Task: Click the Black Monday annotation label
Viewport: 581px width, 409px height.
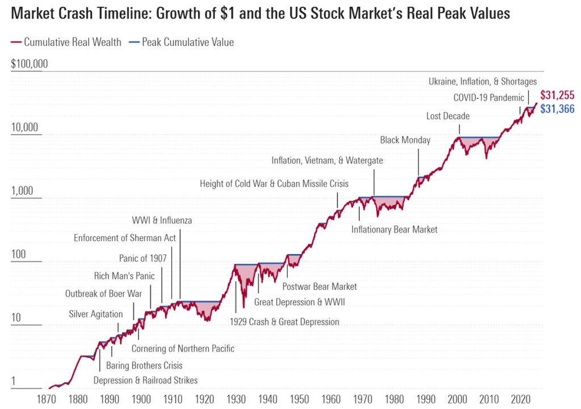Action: tap(405, 140)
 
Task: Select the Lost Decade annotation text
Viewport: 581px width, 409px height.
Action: tap(448, 116)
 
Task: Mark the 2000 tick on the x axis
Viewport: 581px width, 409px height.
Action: tap(457, 399)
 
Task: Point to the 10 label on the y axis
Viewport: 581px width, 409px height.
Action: tap(16, 318)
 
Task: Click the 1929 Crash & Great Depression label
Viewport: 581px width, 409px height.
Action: tap(284, 322)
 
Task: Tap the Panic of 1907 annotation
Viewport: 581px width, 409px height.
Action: tap(142, 258)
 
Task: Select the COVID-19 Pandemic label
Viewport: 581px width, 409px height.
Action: tap(489, 98)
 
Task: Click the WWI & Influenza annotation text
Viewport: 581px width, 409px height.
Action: tap(162, 220)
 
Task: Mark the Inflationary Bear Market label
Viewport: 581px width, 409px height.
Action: tap(394, 230)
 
